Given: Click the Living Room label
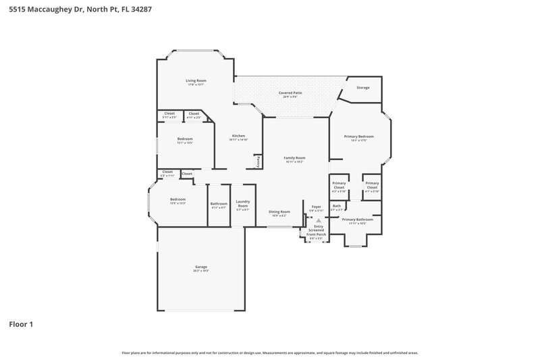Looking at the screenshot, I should (196, 80).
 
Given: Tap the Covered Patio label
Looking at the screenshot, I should (290, 93).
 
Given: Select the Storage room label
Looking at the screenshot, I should (363, 88).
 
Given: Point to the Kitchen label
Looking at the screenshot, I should (238, 136).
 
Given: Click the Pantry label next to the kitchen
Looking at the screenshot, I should (258, 162).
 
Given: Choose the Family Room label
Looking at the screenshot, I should (294, 157).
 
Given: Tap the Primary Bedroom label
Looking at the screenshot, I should (358, 136).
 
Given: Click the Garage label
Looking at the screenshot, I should (201, 267).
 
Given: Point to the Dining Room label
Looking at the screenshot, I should (279, 211).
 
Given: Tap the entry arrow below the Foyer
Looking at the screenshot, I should (319, 220).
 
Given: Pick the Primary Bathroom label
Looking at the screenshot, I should (358, 220).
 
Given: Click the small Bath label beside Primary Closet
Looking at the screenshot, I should (336, 206).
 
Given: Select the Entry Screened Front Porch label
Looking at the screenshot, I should (317, 230).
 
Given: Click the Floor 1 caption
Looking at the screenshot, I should (21, 324).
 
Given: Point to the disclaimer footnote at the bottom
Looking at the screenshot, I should (270, 353).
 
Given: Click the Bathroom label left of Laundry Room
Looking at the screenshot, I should (219, 203).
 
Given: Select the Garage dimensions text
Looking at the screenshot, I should (201, 271).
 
